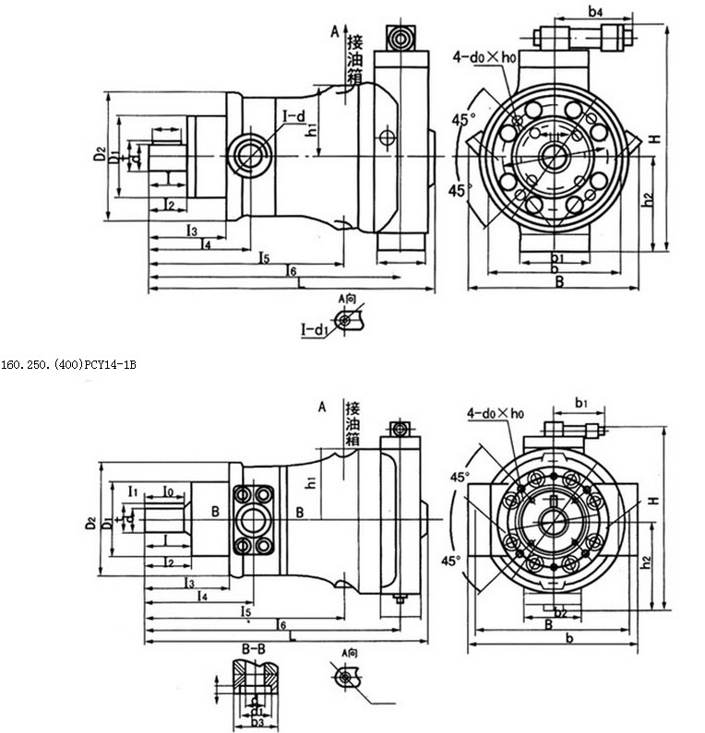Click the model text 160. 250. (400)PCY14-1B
pos(69,365)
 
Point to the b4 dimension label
pos(595,12)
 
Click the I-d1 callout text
pos(315,328)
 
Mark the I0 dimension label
pos(169,489)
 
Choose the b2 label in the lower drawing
pos(558,612)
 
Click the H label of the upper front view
pos(652,138)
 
